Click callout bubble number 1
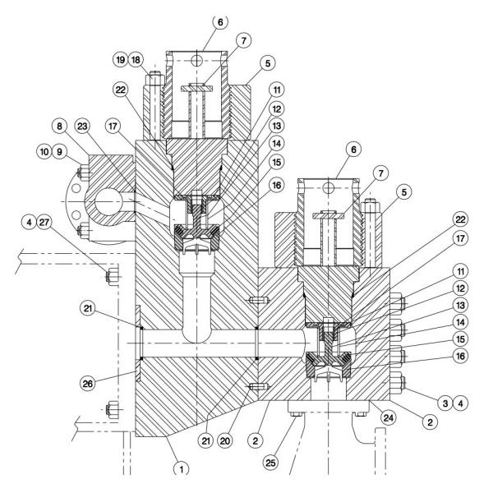pos(182,470)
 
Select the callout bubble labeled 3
pos(445,403)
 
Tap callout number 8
pos(59,127)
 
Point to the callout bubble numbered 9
pos(59,152)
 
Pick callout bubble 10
pos(44,152)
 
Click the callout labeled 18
pos(136,60)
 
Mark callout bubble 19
pos(121,60)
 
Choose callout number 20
pos(225,441)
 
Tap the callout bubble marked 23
pos(82,127)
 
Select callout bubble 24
pos(389,418)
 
